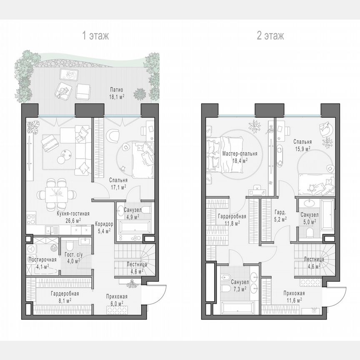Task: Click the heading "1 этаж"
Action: point(96,36)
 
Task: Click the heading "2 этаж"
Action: point(270,36)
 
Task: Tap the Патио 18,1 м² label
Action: point(116,93)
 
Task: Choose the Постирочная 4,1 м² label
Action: point(42,262)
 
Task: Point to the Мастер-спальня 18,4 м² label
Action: point(240,156)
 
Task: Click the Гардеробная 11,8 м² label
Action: point(232,220)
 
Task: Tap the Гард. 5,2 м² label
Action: point(280,215)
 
